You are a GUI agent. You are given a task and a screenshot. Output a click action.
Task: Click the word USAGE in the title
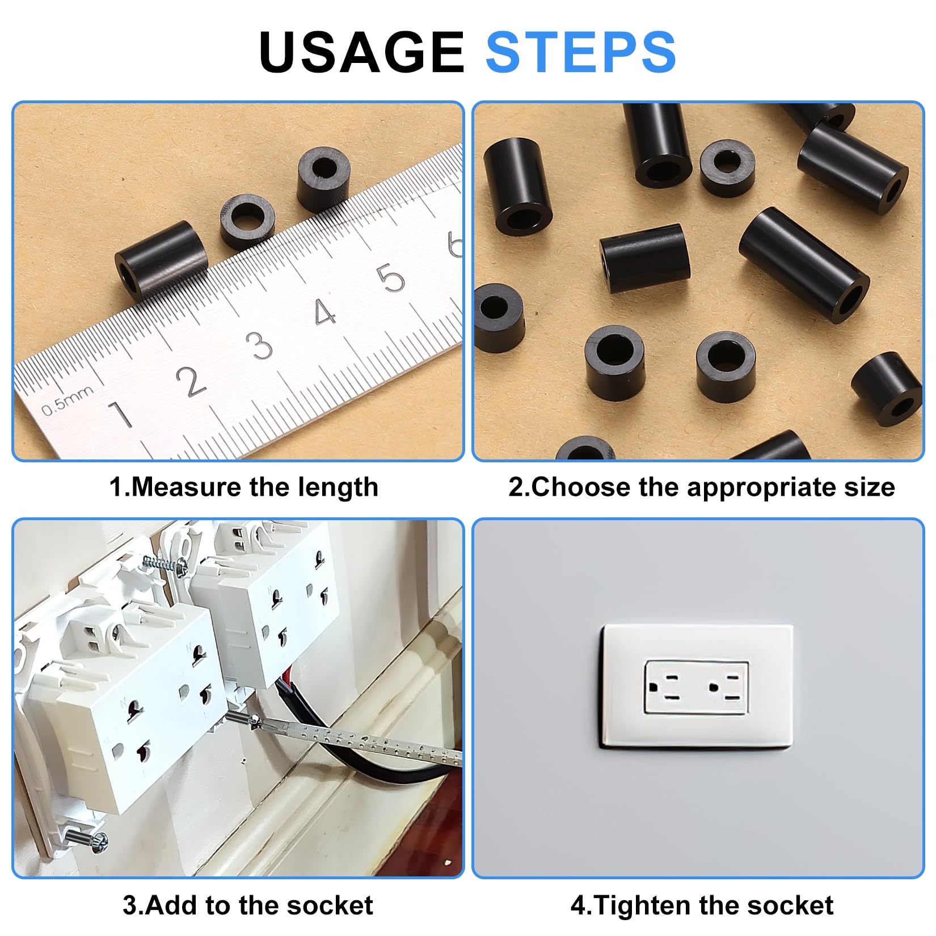click(361, 52)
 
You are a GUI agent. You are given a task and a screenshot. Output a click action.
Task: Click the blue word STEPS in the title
click(581, 52)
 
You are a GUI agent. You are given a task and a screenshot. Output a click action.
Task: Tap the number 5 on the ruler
click(392, 279)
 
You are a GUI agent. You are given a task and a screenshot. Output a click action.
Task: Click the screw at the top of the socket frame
click(165, 564)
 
